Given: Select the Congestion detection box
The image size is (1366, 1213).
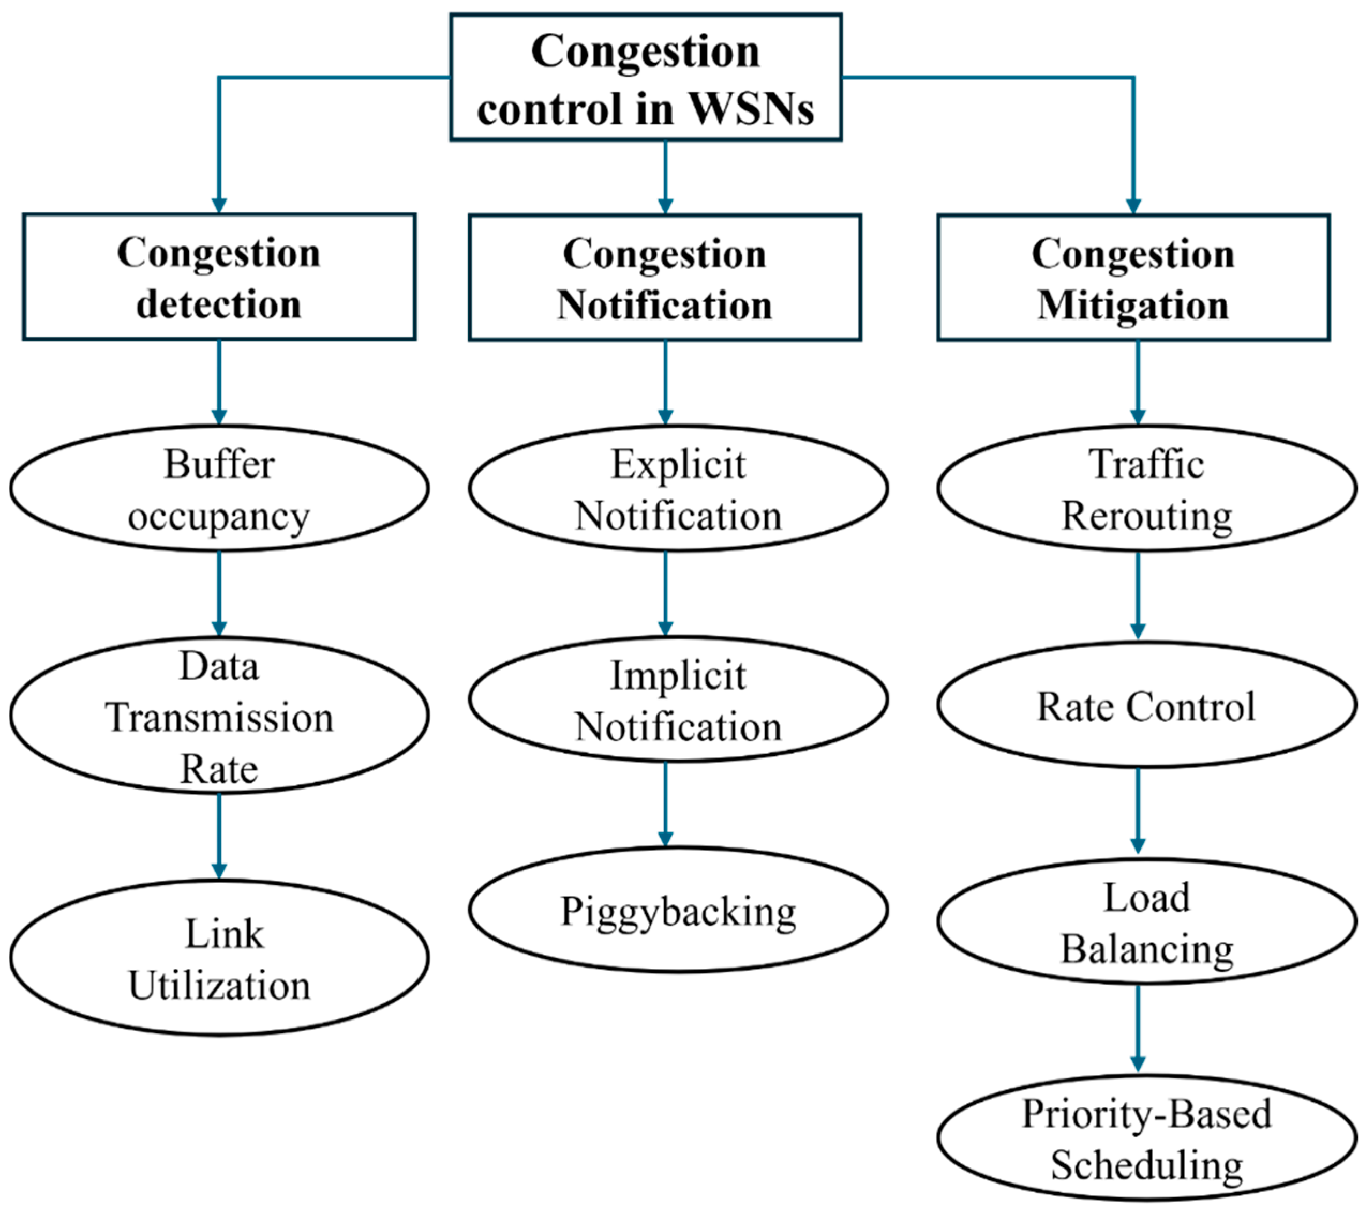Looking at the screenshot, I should tap(219, 277).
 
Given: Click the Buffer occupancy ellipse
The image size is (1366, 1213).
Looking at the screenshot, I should tap(219, 488).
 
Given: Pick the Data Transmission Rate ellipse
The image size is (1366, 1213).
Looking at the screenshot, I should tap(219, 716).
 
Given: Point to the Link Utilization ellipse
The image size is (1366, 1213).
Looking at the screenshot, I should tap(219, 958).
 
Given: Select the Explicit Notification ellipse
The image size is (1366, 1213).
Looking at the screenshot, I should tap(678, 488).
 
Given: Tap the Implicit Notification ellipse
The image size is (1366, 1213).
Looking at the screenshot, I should tap(678, 699).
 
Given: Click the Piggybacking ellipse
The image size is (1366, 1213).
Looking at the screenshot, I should tap(678, 910).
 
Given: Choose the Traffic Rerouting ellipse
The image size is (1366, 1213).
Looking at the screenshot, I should tap(1147, 488).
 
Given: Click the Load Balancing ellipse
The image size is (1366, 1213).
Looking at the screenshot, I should tap(1147, 922).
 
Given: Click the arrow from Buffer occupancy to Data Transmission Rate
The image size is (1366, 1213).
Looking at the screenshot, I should tap(219, 593).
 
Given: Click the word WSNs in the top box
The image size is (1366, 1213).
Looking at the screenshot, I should tap(751, 108).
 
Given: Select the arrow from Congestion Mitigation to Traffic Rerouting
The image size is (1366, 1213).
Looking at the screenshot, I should tap(1138, 382).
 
